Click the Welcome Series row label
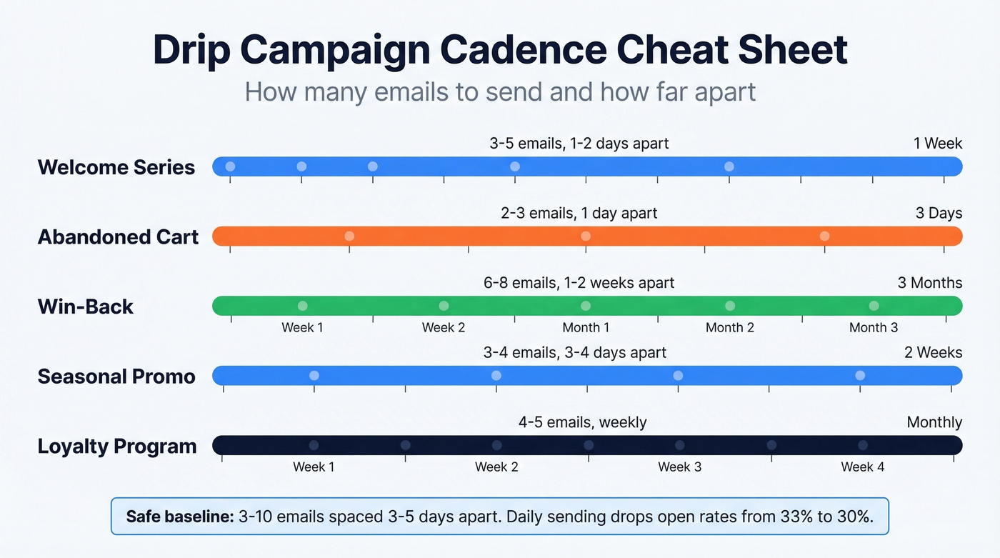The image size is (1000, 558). pos(116,167)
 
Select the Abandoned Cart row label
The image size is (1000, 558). pos(118,236)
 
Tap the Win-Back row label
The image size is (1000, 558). pos(85,307)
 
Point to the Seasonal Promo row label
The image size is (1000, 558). pos(116,377)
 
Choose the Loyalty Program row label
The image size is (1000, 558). pos(116,447)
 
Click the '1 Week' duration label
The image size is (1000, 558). pos(937,144)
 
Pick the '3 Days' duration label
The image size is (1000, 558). pos(939,213)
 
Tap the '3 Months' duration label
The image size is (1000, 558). pos(929,283)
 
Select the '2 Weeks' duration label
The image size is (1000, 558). pos(934,352)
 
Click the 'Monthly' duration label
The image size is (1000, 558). pos(934,422)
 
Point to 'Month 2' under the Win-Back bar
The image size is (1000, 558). pos(729,328)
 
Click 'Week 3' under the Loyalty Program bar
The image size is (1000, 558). pos(679,467)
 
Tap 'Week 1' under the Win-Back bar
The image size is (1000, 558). pos(302,328)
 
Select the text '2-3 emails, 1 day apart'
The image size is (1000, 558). pos(579,213)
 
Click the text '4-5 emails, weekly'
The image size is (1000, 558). pos(582,422)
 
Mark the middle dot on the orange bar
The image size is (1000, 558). pos(586,236)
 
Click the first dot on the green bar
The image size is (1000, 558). pos(302,306)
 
